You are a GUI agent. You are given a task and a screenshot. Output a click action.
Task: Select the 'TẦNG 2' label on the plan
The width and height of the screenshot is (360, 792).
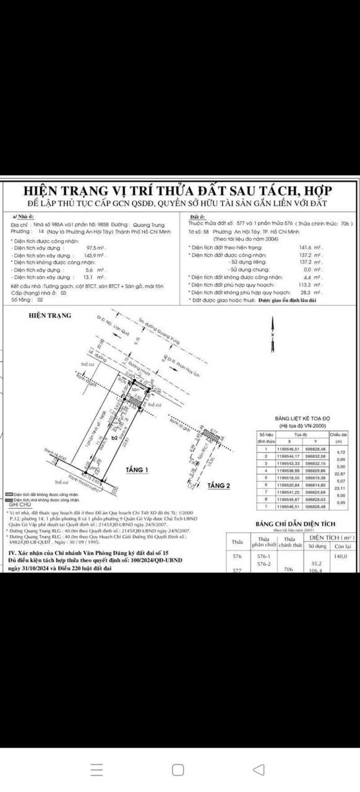point(218,485)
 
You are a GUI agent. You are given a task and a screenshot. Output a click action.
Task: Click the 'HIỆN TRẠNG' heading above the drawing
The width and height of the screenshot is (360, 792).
point(50,315)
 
